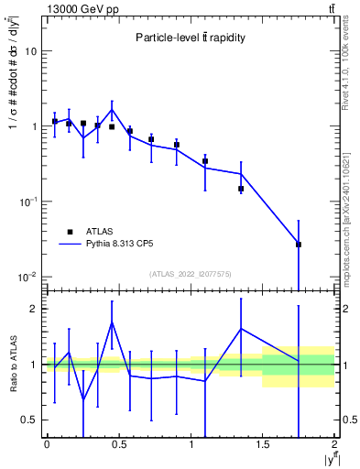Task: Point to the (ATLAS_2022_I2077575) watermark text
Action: coord(190,274)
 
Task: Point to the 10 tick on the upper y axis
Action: coord(31,51)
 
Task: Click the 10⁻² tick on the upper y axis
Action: coord(29,277)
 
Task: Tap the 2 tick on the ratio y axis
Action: coord(35,309)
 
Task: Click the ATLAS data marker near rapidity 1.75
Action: coord(299,245)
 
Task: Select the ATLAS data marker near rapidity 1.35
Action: coord(241,189)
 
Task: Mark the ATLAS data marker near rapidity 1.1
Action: coord(205,161)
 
